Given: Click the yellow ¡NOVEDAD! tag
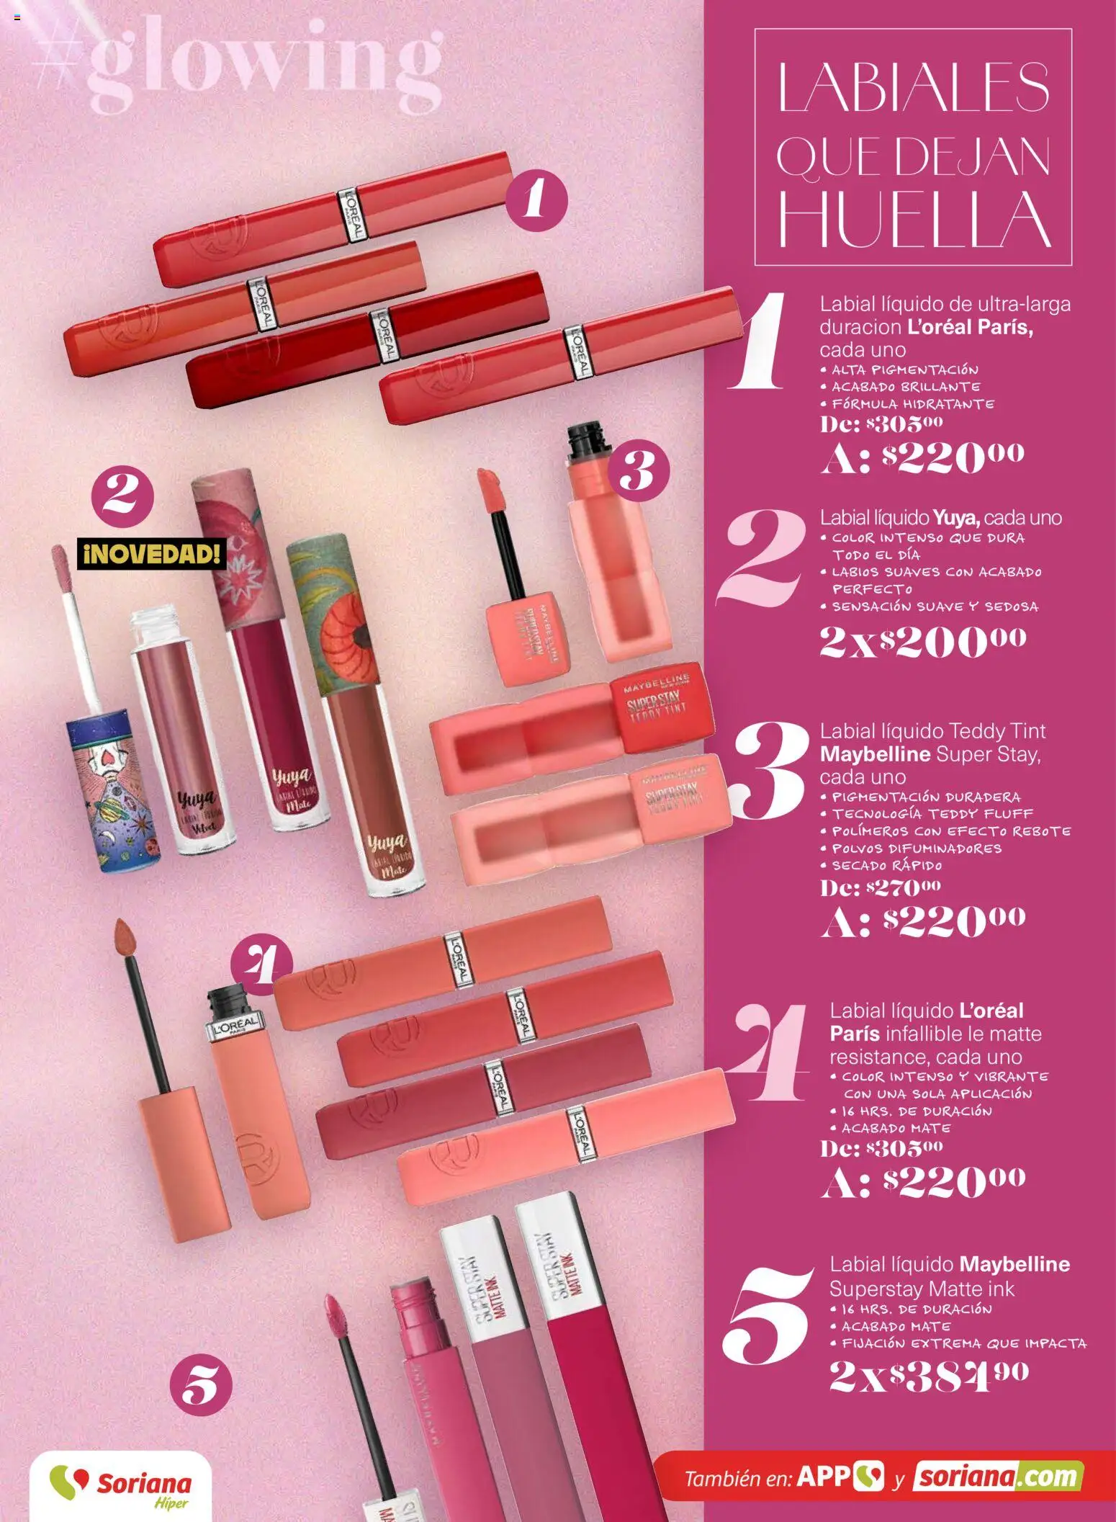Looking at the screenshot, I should click(151, 554).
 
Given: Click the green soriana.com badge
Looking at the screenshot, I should click(998, 1477).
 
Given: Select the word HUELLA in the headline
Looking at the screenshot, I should click(913, 218).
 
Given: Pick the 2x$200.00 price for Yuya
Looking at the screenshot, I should click(923, 640).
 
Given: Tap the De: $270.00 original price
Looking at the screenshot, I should click(881, 887).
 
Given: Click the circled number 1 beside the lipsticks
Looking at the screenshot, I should click(536, 200).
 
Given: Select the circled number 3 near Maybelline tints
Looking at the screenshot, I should click(639, 472).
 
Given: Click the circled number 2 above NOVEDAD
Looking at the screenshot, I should click(122, 497).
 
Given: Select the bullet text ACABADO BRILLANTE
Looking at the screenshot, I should click(905, 387).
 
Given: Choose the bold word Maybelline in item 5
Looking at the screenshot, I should click(1014, 1263).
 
